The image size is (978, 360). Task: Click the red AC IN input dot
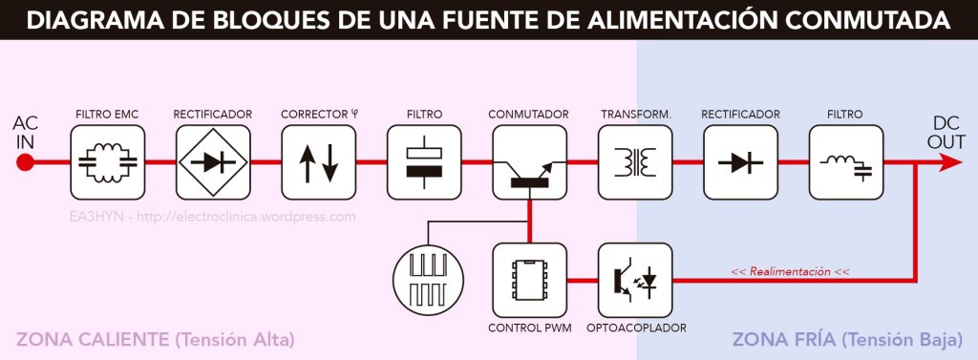26,162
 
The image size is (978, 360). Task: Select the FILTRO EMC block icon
106,162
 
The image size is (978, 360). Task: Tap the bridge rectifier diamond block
212,162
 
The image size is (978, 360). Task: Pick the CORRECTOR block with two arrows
317,162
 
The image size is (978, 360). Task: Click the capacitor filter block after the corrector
423,162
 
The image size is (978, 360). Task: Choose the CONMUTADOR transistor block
528,162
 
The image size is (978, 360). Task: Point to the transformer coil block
634,162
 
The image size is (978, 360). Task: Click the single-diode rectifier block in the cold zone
739,162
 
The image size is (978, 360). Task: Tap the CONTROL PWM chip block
528,280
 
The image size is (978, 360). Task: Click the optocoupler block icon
634,280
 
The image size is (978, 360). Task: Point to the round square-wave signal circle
427,281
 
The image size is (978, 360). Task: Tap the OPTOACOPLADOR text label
634,328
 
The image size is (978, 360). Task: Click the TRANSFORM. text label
635,115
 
